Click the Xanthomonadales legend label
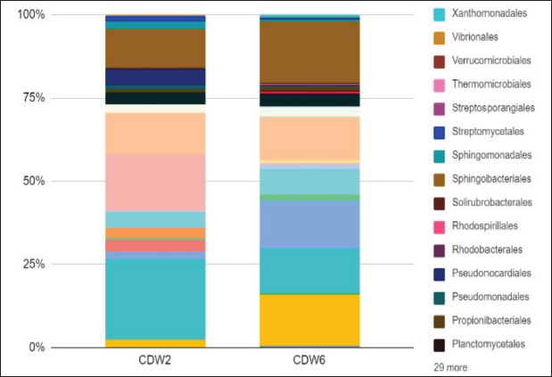point(490,14)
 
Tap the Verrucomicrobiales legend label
point(492,61)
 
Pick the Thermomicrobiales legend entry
point(491,85)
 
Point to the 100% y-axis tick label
point(30,15)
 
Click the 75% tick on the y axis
point(33,98)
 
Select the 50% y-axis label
point(33,181)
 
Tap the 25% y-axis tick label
point(33,264)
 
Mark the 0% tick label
point(36,347)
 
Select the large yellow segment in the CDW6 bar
point(309,319)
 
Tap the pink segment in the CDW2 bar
point(155,182)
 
